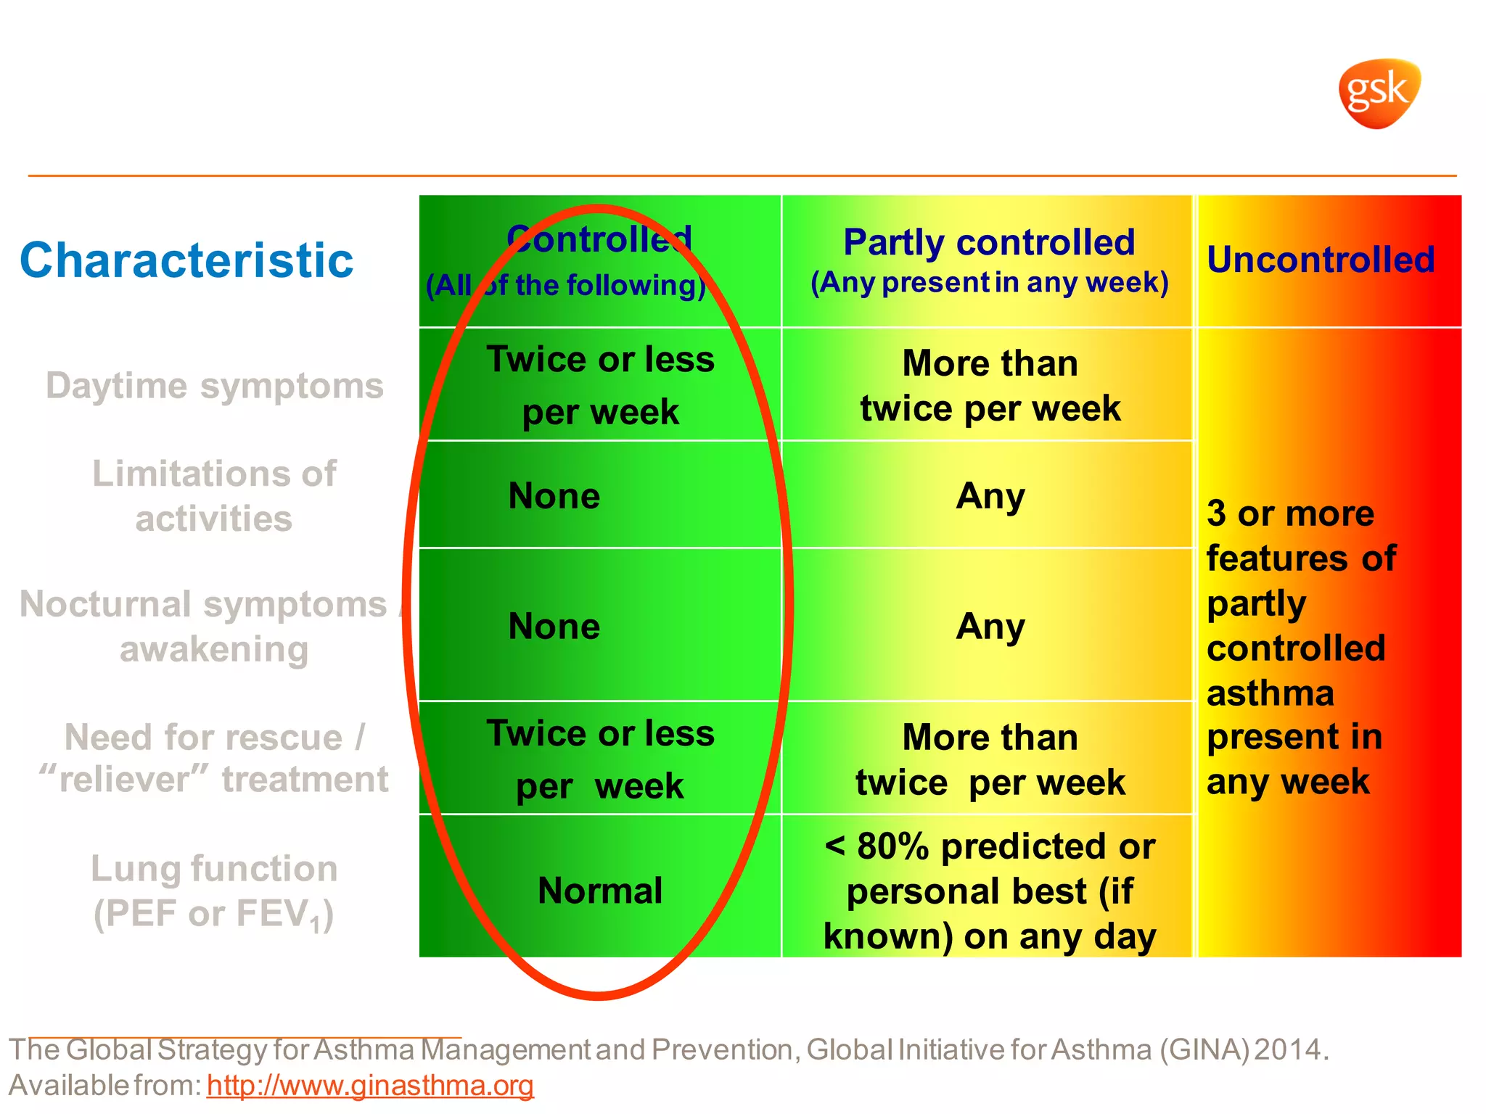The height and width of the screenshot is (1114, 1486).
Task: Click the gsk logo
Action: coord(1379,94)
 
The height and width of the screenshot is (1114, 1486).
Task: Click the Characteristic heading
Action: coord(186,260)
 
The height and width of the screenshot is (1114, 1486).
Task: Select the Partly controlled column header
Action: coord(989,243)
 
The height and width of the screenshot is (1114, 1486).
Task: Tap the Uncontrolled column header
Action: coord(1321,260)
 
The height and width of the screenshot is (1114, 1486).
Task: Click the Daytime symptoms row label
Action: coord(214,385)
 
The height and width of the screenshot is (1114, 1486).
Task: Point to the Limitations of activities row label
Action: coord(214,496)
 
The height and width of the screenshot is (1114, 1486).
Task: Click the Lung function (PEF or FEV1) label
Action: coord(214,891)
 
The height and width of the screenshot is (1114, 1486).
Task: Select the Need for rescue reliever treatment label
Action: coord(214,759)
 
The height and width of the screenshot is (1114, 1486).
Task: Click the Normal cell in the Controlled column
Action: coord(600,891)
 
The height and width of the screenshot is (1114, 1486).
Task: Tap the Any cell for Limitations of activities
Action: coord(990,497)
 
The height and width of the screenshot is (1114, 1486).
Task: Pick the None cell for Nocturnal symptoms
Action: coord(554,626)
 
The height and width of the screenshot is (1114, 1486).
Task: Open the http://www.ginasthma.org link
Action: coord(370,1086)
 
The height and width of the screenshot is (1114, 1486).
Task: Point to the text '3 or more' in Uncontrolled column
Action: coord(1290,513)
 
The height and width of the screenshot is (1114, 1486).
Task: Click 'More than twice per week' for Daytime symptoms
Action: coord(990,386)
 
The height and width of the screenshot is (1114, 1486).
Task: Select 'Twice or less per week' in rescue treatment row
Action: coord(600,759)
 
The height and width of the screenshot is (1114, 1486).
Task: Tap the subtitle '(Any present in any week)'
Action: coord(989,283)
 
